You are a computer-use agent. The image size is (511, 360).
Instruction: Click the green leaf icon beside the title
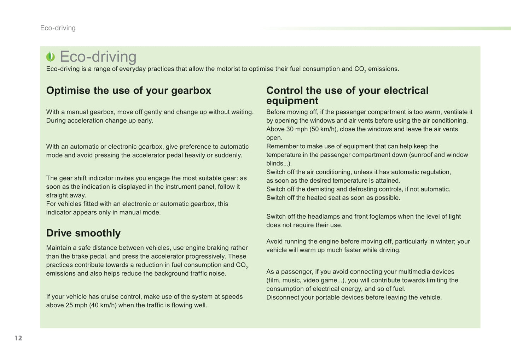(51, 57)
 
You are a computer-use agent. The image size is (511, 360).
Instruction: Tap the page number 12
(18, 338)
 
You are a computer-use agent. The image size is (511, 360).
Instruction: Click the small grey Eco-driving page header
(58, 28)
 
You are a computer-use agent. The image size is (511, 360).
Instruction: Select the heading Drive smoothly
(83, 233)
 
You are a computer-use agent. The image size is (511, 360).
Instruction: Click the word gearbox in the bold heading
(191, 91)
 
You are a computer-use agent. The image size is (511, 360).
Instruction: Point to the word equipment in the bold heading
(292, 101)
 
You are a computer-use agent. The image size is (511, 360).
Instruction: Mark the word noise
(217, 273)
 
